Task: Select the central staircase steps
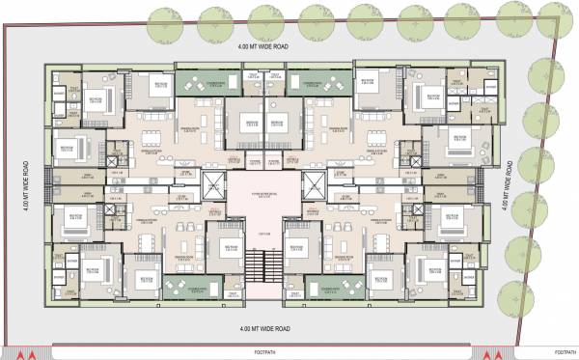pos(253,262)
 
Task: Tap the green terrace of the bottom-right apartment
pos(335,287)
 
